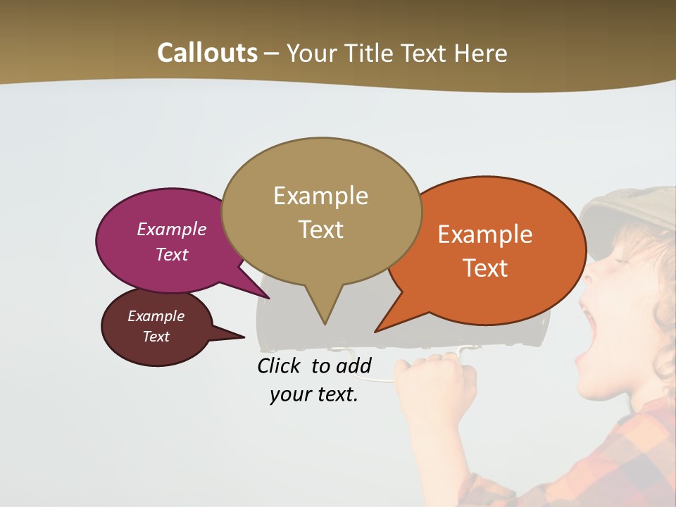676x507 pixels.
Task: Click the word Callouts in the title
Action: (x=207, y=53)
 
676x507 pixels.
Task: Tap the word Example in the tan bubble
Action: (x=320, y=196)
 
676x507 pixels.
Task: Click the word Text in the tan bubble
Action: (x=320, y=229)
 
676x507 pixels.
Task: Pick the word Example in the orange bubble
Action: (x=485, y=234)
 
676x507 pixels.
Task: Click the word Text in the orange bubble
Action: (x=485, y=268)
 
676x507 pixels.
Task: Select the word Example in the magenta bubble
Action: (x=171, y=229)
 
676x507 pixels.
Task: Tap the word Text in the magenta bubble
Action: (x=171, y=254)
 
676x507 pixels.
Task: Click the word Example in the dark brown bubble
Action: (x=156, y=316)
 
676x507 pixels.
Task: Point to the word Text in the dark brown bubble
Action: (x=156, y=337)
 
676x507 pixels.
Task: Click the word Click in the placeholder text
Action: (x=281, y=365)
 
